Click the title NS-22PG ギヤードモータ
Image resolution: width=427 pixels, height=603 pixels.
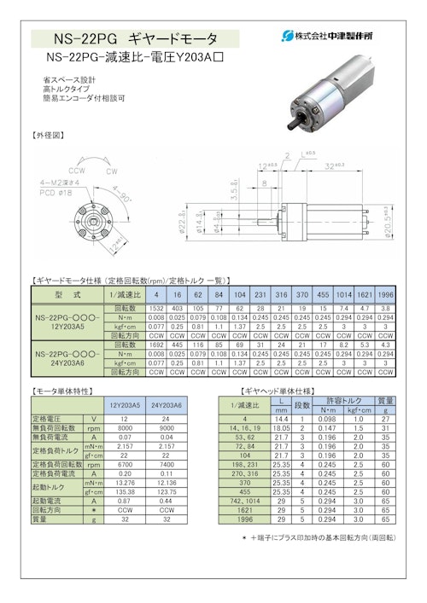(136, 39)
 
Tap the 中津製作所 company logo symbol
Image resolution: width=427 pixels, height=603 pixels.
(287, 35)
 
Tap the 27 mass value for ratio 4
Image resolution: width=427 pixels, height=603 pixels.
(385, 420)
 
